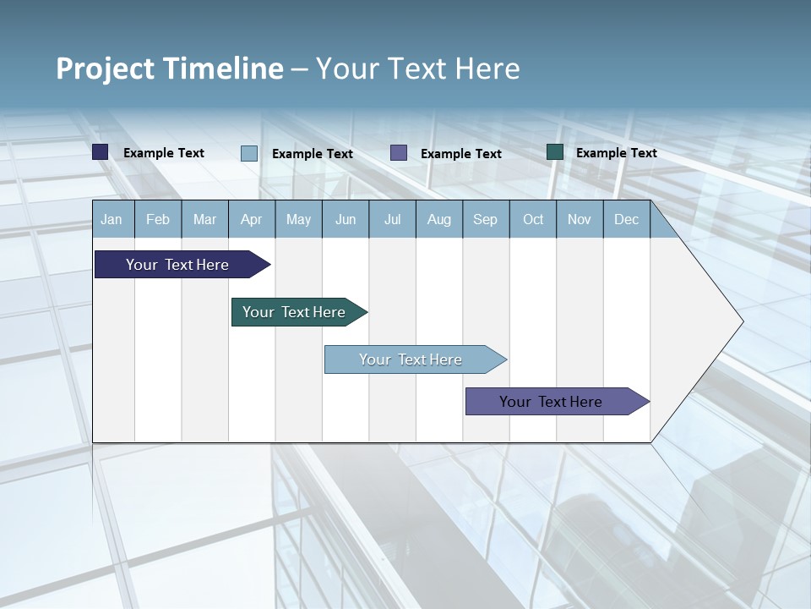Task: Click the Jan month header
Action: point(112,219)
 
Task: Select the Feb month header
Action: point(158,219)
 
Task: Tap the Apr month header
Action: point(251,219)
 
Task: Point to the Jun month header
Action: point(346,219)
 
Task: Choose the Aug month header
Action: point(438,219)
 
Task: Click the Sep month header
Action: point(485,219)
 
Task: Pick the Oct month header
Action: point(533,219)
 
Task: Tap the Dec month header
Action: point(626,219)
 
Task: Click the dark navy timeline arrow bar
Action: point(178,265)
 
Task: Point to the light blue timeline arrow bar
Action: point(411,359)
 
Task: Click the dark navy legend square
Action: point(101,152)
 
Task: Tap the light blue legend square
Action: point(249,153)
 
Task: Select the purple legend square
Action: point(399,153)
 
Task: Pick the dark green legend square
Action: point(555,152)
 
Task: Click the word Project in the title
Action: point(106,69)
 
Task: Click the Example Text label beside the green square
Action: point(616,152)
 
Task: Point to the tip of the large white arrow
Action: point(741,321)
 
